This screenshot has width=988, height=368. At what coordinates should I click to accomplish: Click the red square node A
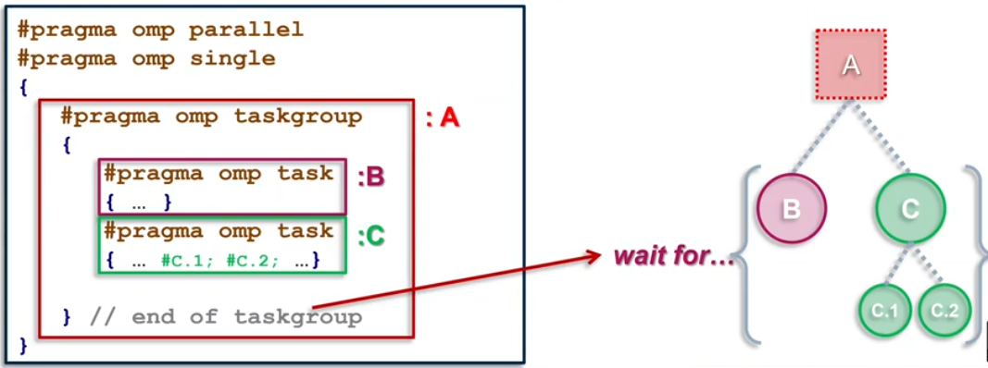(x=851, y=65)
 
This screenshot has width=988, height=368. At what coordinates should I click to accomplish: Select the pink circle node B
(x=791, y=208)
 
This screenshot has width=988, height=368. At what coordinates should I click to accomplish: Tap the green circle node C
(x=910, y=208)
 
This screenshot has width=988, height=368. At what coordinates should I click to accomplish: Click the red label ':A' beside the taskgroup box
(x=442, y=119)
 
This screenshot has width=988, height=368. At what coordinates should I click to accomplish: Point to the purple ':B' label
(x=369, y=177)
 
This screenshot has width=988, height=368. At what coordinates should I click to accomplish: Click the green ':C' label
(x=370, y=237)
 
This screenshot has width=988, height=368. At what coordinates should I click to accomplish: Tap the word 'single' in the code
(x=232, y=58)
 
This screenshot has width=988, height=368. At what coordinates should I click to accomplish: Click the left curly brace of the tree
(x=748, y=255)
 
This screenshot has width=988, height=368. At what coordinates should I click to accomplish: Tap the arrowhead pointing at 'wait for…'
(x=595, y=253)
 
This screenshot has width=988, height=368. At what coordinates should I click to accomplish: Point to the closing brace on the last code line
(x=23, y=348)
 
